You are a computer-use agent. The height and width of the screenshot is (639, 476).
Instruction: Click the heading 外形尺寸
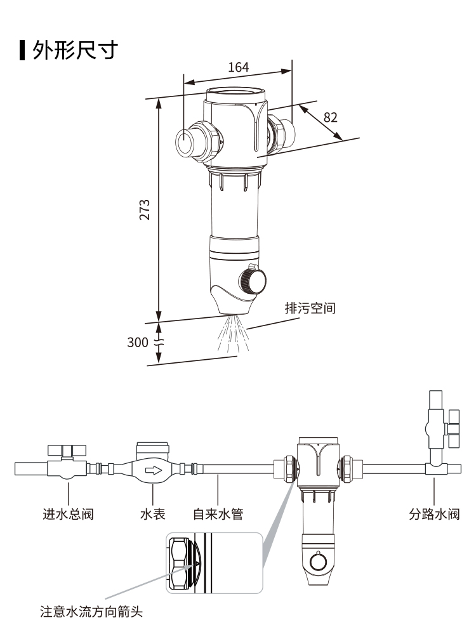76,49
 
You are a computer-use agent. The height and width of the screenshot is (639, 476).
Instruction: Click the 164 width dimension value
238,67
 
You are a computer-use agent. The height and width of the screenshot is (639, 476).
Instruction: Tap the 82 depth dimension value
331,117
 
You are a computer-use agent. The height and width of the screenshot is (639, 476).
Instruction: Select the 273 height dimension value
145,209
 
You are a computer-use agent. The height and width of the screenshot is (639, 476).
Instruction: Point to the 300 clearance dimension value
137,343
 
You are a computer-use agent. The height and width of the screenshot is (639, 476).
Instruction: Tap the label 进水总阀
68,514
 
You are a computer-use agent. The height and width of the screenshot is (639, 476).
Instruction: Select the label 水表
152,514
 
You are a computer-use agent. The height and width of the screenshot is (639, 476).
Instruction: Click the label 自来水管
218,514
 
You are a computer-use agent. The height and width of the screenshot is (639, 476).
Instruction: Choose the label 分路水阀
433,514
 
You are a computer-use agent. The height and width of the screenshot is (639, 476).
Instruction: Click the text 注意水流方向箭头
91,612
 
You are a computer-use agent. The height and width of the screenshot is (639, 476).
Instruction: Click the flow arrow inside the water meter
153,471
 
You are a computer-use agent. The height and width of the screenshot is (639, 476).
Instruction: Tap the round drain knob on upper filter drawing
253,280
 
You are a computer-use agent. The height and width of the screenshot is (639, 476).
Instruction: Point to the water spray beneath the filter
232,333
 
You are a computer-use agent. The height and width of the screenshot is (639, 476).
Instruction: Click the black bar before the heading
22,49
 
